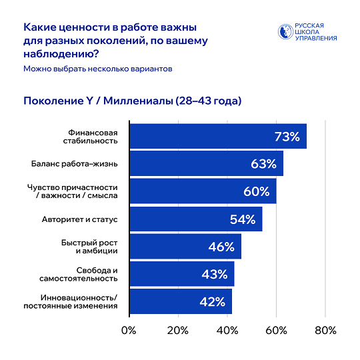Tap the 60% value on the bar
pos(256,191)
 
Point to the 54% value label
pos(243,219)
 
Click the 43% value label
pos(214,274)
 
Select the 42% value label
pos(212,301)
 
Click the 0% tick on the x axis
pos(129,331)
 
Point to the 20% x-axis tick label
pos(177,331)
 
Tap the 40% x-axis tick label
pos(227,331)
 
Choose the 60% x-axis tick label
pos(276,331)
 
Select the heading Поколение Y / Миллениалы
pos(132,101)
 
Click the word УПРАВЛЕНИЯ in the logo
pos(315,39)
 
